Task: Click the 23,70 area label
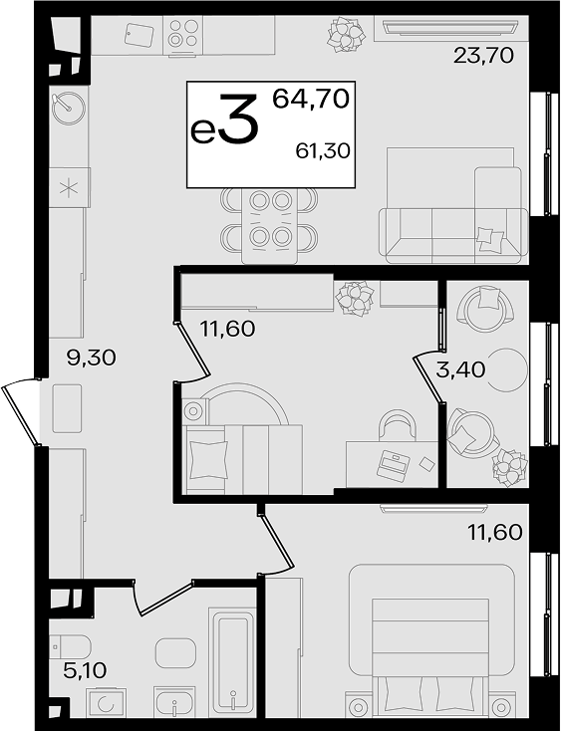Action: [x=483, y=56]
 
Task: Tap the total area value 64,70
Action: [x=311, y=99]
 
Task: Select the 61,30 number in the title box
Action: [x=323, y=150]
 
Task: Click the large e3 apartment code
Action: [x=224, y=119]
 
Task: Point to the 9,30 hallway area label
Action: [x=91, y=359]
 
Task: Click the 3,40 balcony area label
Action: [x=460, y=369]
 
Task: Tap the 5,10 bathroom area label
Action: [x=85, y=671]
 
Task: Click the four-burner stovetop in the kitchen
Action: [x=182, y=33]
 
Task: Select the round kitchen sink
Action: [x=68, y=107]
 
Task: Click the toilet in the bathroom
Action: [x=70, y=646]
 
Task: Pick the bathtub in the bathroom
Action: [x=233, y=662]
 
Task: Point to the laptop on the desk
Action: [x=394, y=465]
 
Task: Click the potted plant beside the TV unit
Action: [x=346, y=35]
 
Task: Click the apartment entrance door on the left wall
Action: [x=21, y=412]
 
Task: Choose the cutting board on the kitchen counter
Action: [x=139, y=35]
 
